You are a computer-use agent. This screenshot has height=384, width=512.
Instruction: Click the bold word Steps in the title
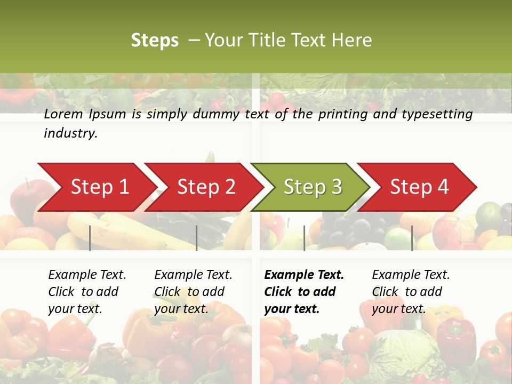tap(155, 41)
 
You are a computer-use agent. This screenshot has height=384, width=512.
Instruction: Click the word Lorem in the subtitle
tap(63, 114)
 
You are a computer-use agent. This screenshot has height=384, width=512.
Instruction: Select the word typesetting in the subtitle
tap(437, 114)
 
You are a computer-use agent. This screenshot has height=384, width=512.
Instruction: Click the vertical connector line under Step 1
tap(90, 238)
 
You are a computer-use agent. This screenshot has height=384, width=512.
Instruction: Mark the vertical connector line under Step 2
tap(197, 238)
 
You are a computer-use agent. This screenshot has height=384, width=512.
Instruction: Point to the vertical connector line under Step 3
tap(304, 238)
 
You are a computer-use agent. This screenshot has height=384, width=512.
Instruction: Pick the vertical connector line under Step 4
tap(412, 238)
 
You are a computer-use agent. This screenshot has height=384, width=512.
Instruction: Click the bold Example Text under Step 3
tap(304, 275)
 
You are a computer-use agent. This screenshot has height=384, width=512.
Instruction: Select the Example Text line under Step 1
tap(87, 275)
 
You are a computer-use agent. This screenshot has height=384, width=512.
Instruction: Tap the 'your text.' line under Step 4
tap(398, 309)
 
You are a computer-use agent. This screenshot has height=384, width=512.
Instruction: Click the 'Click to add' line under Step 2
tap(189, 292)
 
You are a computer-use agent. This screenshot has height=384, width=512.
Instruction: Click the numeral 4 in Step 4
tap(443, 187)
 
